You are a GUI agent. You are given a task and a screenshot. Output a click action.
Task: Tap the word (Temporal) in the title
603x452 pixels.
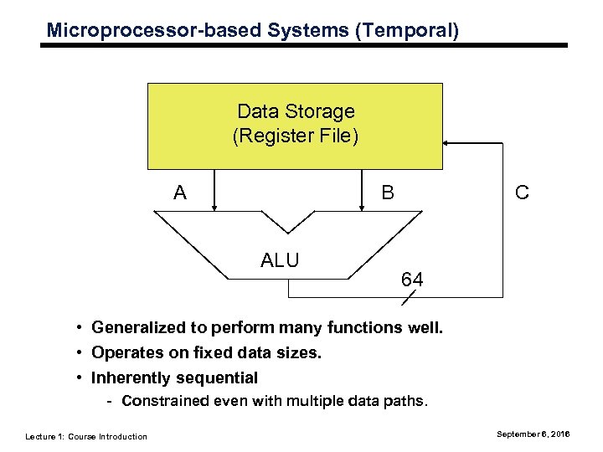coord(407,31)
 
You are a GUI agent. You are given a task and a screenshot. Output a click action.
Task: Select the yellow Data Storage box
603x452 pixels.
coord(295,126)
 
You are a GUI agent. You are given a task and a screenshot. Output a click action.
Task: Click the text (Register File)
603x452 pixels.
coord(295,136)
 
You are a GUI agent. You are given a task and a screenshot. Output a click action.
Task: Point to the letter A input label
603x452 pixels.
coord(179,193)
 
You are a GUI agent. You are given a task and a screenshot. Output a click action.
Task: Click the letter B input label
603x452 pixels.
coord(388,193)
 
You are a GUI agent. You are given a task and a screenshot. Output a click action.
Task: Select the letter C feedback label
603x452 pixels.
coord(522,193)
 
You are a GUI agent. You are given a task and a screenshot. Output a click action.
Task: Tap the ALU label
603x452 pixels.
coord(280,259)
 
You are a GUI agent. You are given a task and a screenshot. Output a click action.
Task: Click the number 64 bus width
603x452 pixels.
coord(411,280)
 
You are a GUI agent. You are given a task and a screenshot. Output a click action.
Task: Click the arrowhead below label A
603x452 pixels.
coord(215,206)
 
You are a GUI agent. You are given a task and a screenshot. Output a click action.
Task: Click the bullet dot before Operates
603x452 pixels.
coord(76,352)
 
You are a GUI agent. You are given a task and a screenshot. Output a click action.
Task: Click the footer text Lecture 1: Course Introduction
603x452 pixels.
coord(86,436)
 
